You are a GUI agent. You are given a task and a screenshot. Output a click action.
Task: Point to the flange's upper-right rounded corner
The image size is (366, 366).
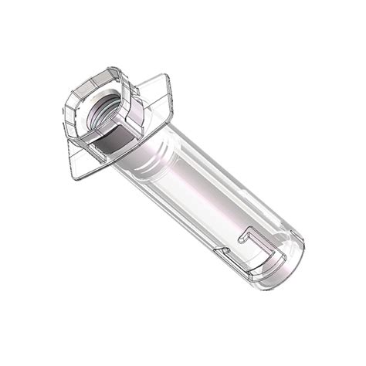[163, 78]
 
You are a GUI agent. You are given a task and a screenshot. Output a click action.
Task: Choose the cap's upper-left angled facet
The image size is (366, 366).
[77, 89]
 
